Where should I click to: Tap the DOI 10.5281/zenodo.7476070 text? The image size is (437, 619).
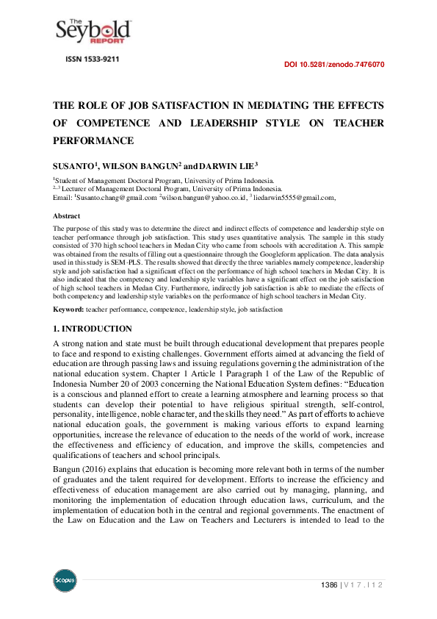[333, 65]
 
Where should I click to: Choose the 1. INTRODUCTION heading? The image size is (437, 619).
[93, 329]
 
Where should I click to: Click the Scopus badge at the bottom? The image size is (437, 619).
[65, 581]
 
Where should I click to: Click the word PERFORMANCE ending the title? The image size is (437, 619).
[93, 140]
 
